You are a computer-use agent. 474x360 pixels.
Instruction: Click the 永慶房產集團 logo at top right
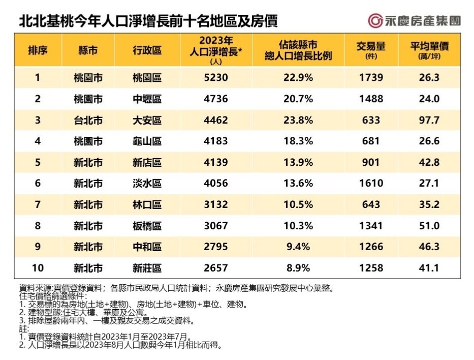point(414,20)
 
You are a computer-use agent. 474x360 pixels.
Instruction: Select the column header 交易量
point(371,50)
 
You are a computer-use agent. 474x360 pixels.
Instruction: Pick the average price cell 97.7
point(429,121)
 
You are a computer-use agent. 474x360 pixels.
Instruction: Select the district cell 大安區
point(146,121)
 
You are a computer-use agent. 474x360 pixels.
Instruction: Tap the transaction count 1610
point(371,184)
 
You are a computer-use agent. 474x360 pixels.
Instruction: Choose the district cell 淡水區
point(146,184)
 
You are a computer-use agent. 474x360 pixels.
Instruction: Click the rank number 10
point(38,267)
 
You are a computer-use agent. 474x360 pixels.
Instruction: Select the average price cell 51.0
point(429,226)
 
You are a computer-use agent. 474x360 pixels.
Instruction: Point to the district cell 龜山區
point(146,141)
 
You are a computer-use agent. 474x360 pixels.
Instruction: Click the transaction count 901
point(371,163)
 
